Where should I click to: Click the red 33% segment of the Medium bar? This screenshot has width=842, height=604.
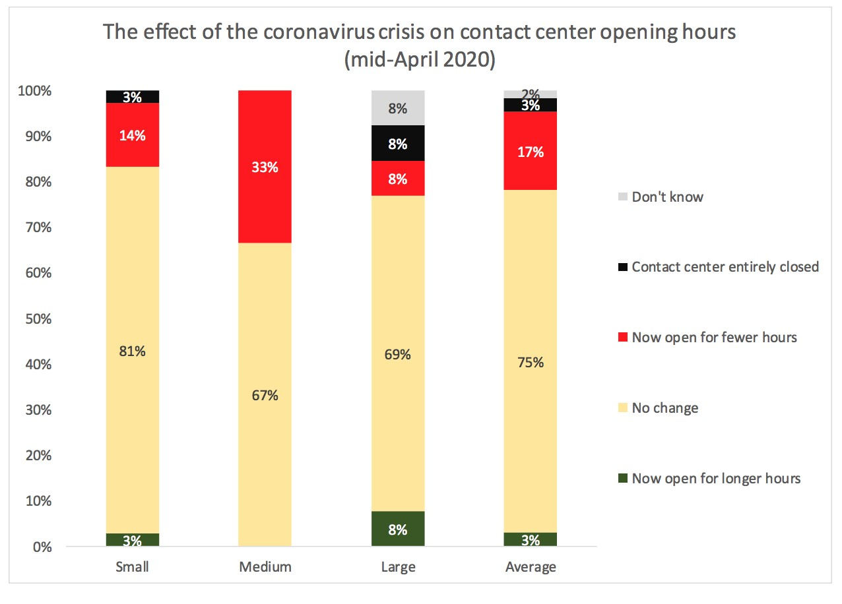click(265, 167)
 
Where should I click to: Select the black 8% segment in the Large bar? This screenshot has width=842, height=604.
click(398, 144)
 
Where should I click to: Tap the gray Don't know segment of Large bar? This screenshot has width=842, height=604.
click(398, 108)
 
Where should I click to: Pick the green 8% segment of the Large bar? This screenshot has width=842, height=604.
click(398, 529)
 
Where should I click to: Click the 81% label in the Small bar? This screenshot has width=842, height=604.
click(132, 351)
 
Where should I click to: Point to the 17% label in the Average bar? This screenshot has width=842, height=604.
click(531, 152)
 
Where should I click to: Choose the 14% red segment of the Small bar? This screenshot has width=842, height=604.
click(132, 135)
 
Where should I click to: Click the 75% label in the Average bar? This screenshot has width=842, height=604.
click(531, 362)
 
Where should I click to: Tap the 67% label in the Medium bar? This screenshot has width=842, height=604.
click(265, 396)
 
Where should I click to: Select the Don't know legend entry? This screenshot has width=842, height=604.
click(667, 196)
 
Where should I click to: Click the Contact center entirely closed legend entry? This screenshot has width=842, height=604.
click(725, 267)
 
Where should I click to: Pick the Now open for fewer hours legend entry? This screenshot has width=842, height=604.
click(714, 338)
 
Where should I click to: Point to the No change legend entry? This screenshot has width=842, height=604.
click(664, 408)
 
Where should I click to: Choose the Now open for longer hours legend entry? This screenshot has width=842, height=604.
click(716, 479)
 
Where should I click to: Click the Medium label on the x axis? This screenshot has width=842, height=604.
click(265, 567)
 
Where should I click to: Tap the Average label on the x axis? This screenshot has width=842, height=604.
click(531, 567)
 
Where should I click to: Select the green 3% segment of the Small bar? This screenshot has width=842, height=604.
click(132, 540)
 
